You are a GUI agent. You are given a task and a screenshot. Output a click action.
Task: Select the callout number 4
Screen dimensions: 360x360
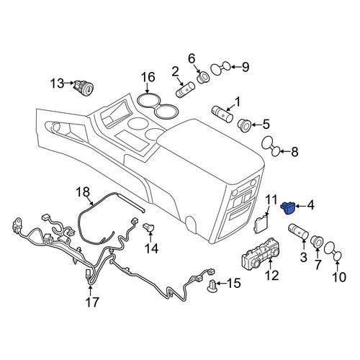point(310,205)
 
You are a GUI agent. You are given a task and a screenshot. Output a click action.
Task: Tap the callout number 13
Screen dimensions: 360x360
point(57,84)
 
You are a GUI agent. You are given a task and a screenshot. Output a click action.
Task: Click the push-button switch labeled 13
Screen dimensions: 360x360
point(84,87)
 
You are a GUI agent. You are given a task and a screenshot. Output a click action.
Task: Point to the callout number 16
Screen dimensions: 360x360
point(148,77)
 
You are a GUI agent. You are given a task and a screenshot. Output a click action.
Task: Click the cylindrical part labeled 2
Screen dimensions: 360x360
point(185,89)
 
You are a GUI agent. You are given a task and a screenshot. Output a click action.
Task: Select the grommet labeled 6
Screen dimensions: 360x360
point(203,77)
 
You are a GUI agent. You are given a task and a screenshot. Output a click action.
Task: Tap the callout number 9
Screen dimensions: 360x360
point(245,67)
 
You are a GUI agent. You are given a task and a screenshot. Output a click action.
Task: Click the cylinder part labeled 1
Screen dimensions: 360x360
point(222,114)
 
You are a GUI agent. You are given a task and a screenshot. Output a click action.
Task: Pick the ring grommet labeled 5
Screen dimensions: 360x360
point(244,125)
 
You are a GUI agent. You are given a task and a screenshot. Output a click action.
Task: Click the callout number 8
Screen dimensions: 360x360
point(294,151)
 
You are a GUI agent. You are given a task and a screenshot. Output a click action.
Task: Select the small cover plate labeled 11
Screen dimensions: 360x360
point(261,223)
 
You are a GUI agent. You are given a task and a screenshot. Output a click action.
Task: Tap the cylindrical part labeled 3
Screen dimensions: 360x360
point(298,232)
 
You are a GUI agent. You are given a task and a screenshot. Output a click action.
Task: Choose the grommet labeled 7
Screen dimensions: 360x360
point(317,242)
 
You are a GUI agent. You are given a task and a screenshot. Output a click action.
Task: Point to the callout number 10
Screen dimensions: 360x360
point(339,277)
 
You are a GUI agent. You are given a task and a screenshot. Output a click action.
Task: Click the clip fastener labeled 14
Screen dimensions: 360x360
point(149,227)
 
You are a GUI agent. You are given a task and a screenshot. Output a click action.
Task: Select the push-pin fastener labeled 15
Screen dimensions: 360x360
point(212,286)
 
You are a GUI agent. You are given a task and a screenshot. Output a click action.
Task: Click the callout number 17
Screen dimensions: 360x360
point(92,302)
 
